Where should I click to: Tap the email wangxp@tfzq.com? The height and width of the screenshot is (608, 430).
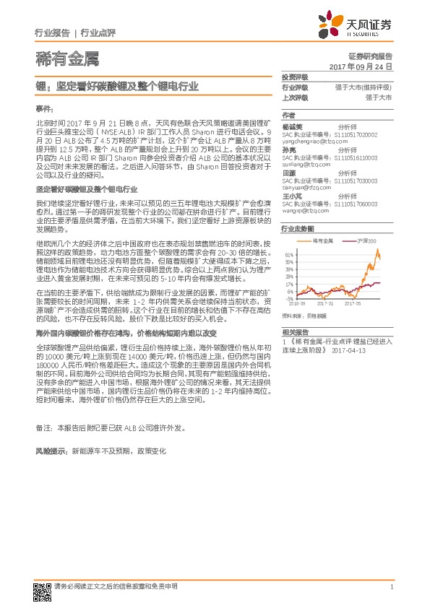tap(301, 211)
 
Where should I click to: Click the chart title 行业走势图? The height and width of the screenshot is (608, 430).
tap(296, 228)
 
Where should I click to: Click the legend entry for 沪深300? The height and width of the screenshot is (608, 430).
tap(369, 239)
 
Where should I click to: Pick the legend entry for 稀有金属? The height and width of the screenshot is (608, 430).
tap(322, 239)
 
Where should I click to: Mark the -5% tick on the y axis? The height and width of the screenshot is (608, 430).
tap(289, 298)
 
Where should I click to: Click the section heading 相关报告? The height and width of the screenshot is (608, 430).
tap(294, 329)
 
